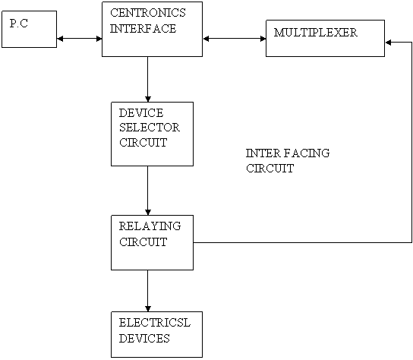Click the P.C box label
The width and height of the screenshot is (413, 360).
[19, 24]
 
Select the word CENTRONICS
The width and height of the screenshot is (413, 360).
[148, 13]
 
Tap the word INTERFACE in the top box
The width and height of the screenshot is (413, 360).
[143, 28]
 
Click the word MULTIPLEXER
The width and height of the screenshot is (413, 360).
[315, 33]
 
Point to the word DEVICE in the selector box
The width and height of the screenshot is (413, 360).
[141, 113]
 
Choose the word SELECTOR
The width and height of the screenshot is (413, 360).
[150, 128]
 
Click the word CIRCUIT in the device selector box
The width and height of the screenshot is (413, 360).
[143, 143]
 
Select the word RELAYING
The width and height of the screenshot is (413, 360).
[150, 226]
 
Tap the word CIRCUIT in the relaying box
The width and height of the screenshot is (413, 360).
[143, 242]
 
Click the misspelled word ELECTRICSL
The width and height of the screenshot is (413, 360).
[155, 323]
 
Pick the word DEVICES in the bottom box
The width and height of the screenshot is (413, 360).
[144, 339]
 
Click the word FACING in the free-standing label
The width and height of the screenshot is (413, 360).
[307, 153]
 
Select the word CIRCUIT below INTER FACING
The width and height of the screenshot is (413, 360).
[270, 169]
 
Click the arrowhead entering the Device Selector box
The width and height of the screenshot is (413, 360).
[148, 99]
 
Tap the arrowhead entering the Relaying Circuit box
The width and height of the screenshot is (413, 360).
[148, 212]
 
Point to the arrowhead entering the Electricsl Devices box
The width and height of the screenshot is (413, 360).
[148, 308]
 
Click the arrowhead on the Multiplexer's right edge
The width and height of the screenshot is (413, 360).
[388, 43]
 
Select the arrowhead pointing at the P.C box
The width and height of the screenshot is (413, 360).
[60, 39]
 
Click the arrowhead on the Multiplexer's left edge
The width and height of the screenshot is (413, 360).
[263, 39]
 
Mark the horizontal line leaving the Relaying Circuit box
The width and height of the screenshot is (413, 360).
[302, 242]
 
